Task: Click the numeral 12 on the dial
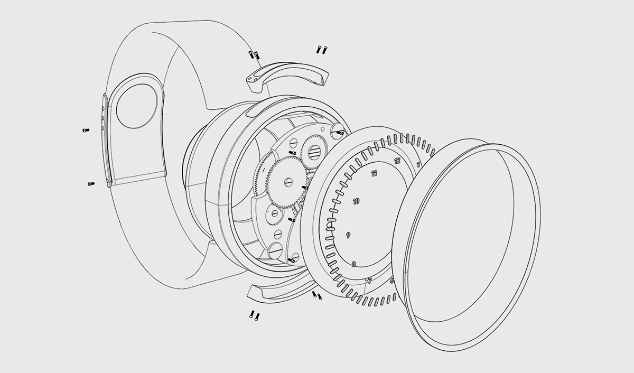pos(397,160)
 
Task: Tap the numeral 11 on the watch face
pos(374,173)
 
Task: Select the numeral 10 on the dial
pos(356,201)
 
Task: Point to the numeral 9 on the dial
pos(348,235)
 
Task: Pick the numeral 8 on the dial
pos(353,263)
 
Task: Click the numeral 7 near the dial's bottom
pos(370,280)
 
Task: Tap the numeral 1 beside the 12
pos(418,165)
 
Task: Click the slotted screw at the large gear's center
pos(288,181)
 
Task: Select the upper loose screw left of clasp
pos(86,130)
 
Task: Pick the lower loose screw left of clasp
pos(91,184)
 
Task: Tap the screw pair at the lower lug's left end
pos(253,316)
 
